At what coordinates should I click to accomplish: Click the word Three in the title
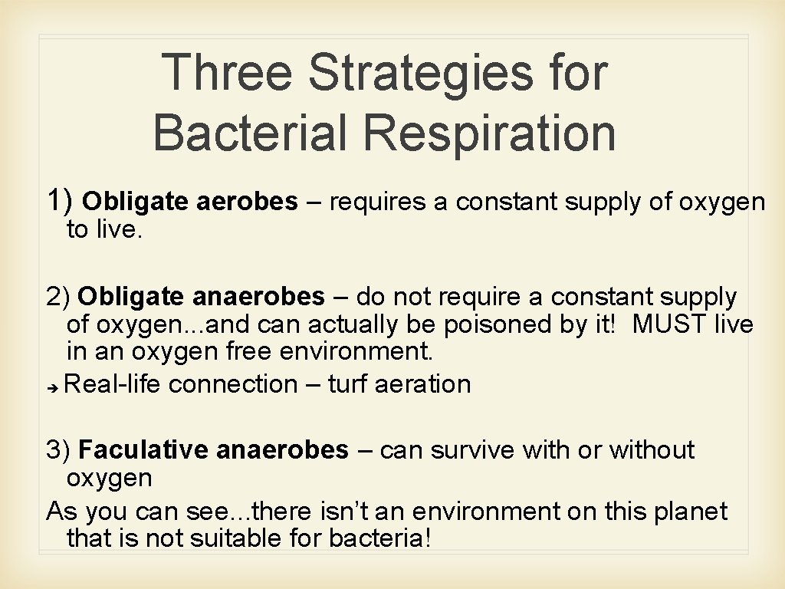point(228,72)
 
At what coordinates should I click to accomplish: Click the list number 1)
point(61,201)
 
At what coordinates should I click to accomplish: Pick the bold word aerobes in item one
point(247,202)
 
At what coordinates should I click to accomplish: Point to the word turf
point(348,383)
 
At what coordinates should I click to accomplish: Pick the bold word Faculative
point(143,449)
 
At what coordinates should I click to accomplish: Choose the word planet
point(690,511)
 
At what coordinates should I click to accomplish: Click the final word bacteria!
point(380,538)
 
